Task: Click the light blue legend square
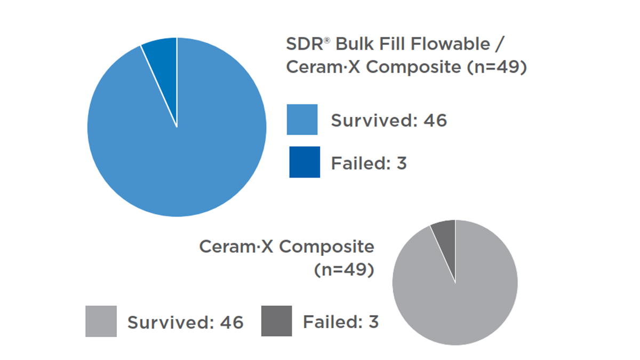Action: click(302, 119)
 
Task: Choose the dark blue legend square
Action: click(305, 162)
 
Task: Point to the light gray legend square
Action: click(101, 321)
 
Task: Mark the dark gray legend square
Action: click(276, 321)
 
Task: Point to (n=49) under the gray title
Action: click(343, 270)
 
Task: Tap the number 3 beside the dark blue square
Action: click(402, 163)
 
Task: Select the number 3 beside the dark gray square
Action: click(373, 322)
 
